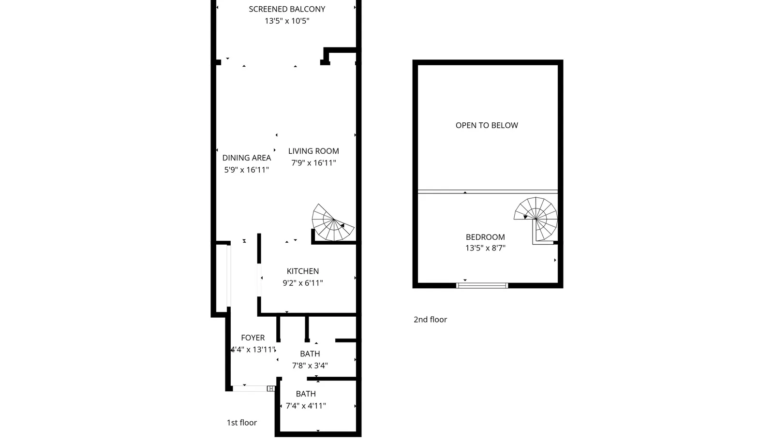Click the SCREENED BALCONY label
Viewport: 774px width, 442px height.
click(x=287, y=9)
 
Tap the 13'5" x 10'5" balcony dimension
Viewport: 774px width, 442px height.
click(x=287, y=21)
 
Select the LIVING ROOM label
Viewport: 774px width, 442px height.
click(x=313, y=151)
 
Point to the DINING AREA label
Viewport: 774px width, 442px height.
click(x=246, y=158)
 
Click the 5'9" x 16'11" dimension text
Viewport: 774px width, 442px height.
click(x=246, y=170)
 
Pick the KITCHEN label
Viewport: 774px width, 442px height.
click(x=303, y=271)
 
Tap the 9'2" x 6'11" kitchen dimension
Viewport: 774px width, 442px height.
click(x=303, y=283)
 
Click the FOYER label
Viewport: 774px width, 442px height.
click(x=253, y=338)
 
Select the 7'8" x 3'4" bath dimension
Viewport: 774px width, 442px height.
click(x=310, y=365)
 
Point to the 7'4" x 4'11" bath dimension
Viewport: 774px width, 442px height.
click(x=306, y=405)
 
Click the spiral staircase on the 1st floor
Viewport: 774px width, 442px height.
click(x=332, y=223)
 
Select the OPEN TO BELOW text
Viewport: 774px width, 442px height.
click(x=487, y=125)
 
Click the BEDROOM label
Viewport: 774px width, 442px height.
click(x=485, y=237)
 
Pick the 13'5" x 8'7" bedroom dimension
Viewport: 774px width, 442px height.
click(x=485, y=248)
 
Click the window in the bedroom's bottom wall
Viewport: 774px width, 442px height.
click(x=482, y=285)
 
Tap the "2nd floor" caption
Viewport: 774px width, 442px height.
click(x=430, y=320)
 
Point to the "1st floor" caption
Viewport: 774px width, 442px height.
click(x=241, y=422)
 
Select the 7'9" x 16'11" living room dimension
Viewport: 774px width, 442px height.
click(x=313, y=162)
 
